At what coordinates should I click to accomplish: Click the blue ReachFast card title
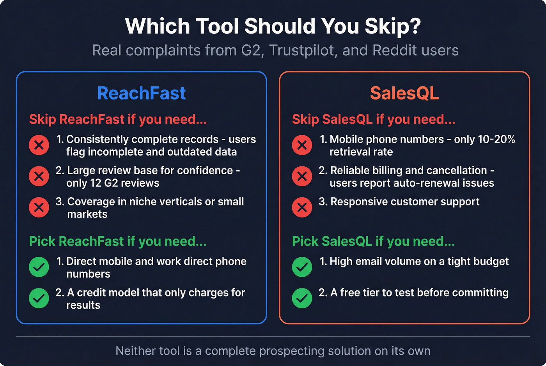click(x=141, y=93)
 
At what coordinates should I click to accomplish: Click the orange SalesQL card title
click(x=404, y=93)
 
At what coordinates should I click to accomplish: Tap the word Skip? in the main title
click(x=393, y=26)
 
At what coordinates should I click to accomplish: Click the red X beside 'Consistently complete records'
click(x=39, y=145)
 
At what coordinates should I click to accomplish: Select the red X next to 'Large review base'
click(x=39, y=176)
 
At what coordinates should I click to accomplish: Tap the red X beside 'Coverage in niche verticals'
click(x=39, y=207)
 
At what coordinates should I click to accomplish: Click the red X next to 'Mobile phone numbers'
click(x=302, y=145)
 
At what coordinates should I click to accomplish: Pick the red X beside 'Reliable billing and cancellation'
click(x=302, y=176)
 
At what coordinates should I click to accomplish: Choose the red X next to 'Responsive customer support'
click(x=302, y=207)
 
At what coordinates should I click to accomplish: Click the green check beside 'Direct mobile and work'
click(x=39, y=267)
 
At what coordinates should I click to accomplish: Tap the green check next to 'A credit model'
click(x=39, y=298)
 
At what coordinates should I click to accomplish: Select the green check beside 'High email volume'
click(x=302, y=267)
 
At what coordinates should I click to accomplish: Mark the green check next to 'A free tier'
click(x=302, y=298)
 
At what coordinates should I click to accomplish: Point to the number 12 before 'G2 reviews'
click(x=96, y=183)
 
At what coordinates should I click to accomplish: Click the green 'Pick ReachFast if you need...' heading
click(x=118, y=241)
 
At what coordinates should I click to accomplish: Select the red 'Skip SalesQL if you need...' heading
click(x=374, y=119)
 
